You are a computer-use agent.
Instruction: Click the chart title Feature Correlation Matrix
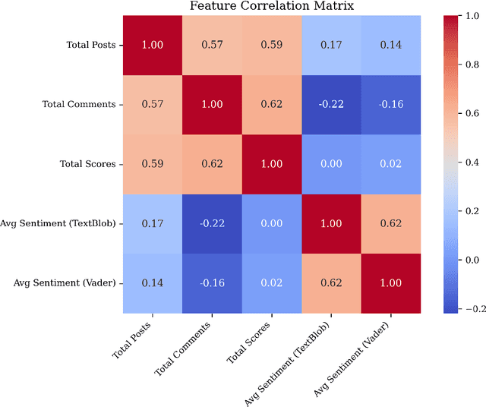[x=271, y=7]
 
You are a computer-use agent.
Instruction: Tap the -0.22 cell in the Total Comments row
[x=331, y=104]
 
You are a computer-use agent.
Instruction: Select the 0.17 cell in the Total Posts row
[x=331, y=45]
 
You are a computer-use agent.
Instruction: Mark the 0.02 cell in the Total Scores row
[x=390, y=163]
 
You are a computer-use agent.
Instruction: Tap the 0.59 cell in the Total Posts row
[x=272, y=45]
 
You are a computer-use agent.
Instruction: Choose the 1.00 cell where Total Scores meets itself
[x=272, y=163]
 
